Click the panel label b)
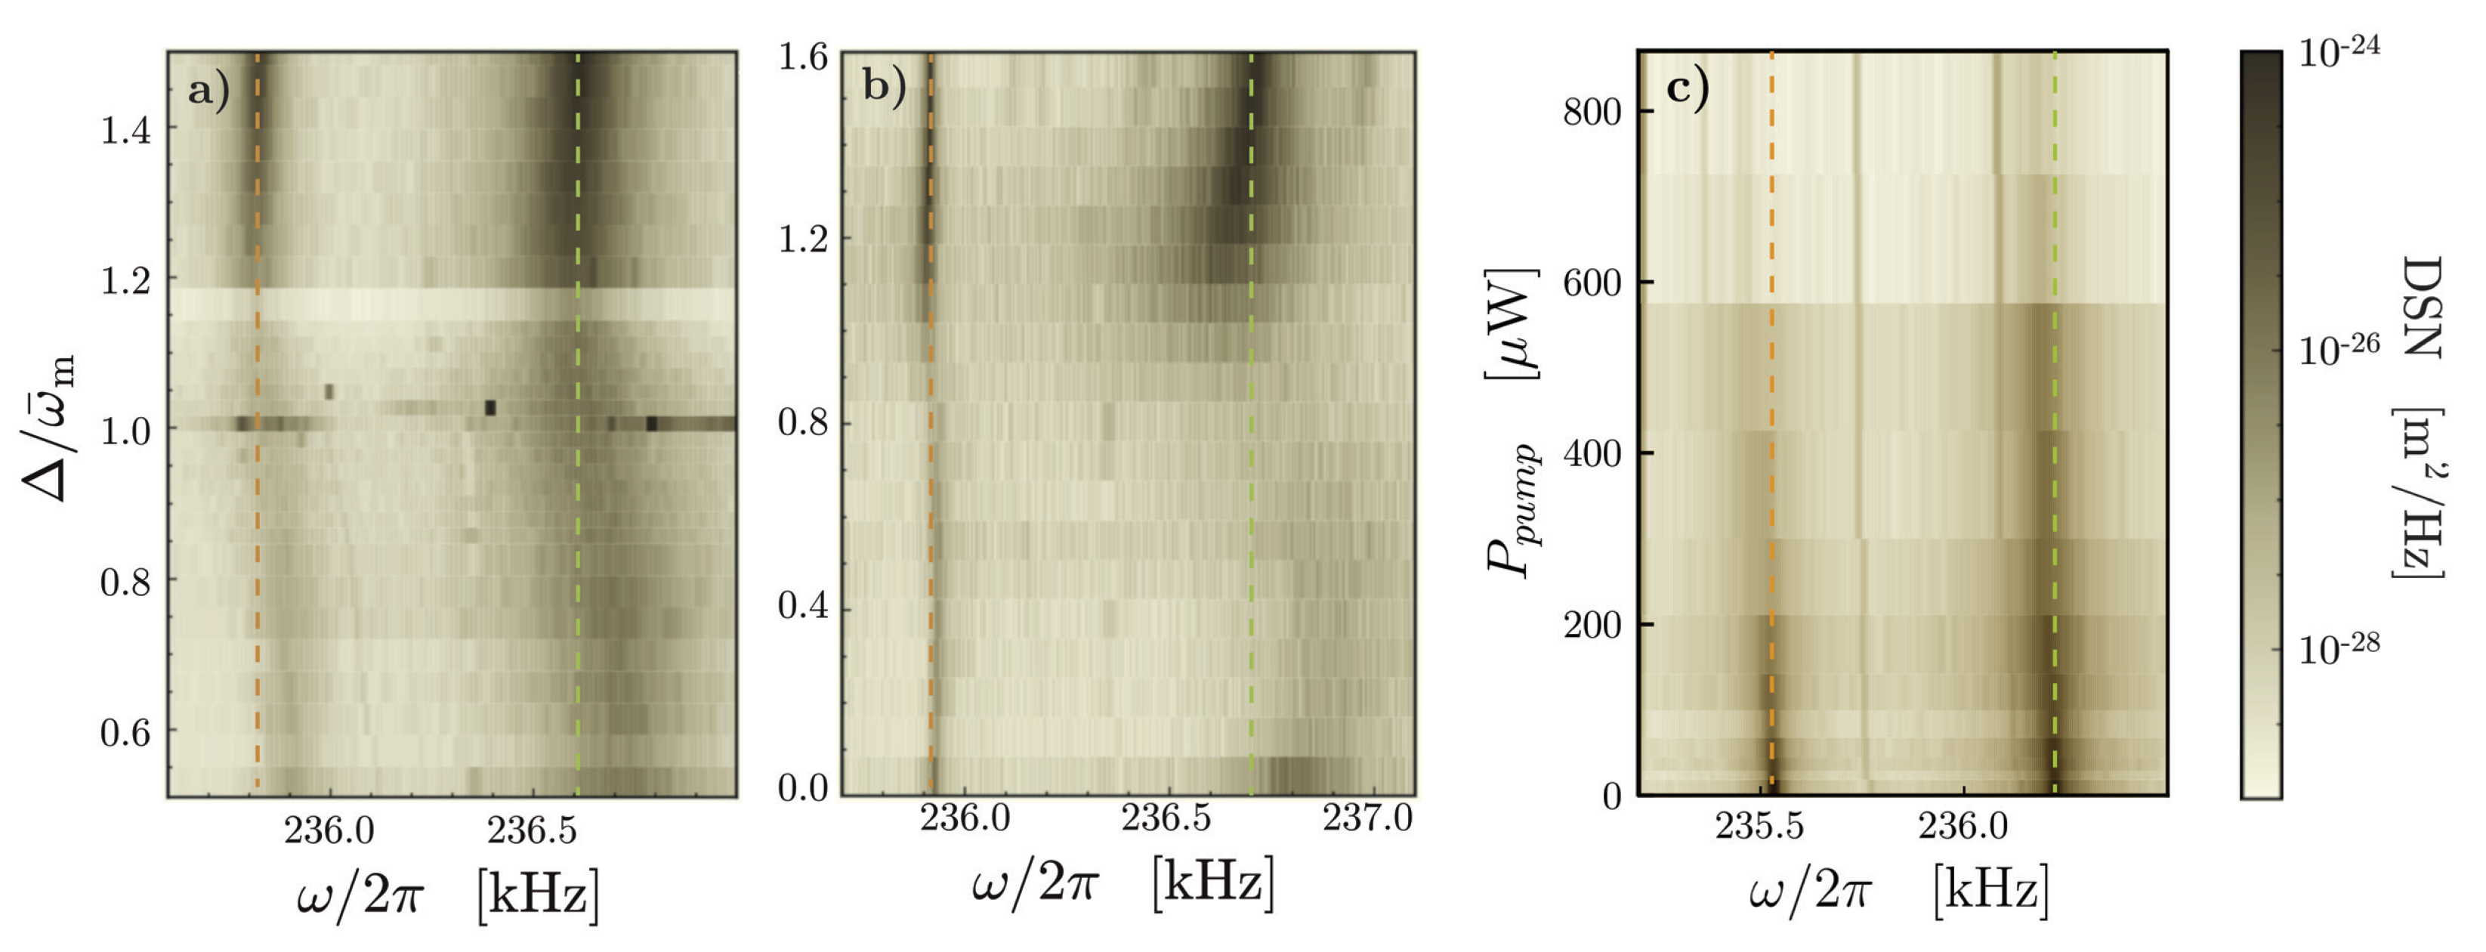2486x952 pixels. [x=884, y=86]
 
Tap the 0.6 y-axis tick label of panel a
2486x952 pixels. [x=126, y=733]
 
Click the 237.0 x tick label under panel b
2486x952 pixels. [x=1367, y=820]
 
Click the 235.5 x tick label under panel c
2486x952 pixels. [x=1759, y=827]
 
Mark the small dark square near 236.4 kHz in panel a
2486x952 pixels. [x=490, y=407]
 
